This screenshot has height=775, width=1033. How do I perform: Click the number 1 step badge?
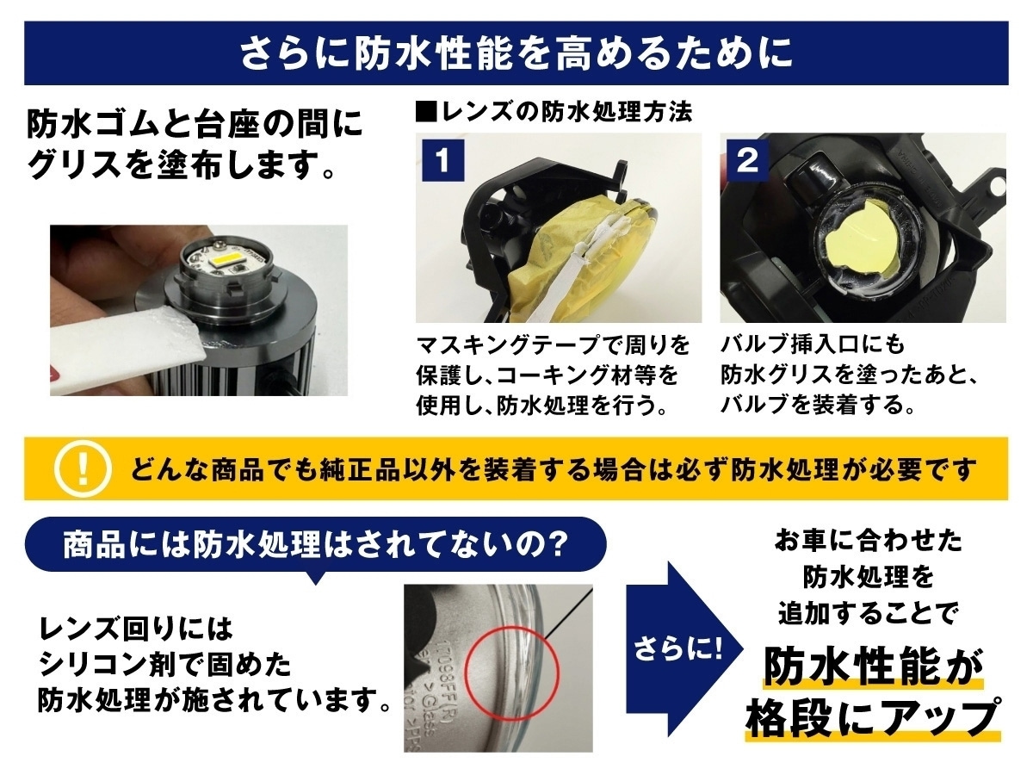click(443, 160)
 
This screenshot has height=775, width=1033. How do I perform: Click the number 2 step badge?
click(748, 160)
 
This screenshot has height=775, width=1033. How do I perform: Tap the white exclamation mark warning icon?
click(84, 468)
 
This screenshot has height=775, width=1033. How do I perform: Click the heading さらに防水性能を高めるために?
click(516, 53)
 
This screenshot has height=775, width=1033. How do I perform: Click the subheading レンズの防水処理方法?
click(554, 113)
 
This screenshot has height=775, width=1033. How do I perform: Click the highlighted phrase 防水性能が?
click(873, 667)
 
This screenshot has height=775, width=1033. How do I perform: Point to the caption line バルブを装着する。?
click(818, 405)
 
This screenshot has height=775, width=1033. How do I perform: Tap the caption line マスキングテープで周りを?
click(554, 346)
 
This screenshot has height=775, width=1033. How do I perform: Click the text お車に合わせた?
click(868, 541)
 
